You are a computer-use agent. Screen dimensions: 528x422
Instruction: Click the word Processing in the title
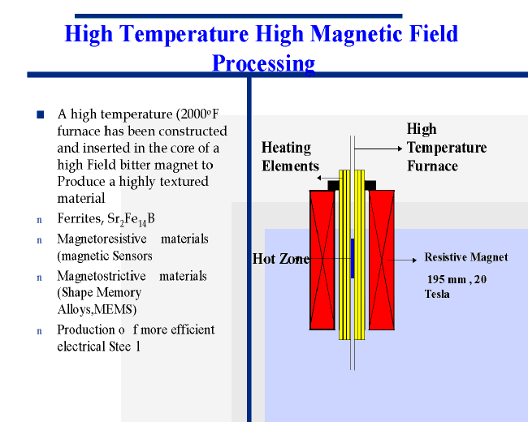tap(264, 63)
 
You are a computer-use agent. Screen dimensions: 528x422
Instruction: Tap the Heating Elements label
tap(290, 157)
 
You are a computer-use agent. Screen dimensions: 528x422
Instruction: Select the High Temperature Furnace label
tap(447, 148)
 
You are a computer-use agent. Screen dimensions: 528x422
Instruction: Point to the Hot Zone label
tap(281, 259)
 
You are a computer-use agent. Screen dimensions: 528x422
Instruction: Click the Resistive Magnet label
tap(466, 257)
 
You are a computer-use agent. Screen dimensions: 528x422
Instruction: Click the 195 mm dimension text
tap(447, 279)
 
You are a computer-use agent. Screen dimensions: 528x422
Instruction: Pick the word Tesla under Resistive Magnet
tap(437, 294)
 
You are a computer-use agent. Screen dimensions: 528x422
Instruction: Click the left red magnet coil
tap(322, 260)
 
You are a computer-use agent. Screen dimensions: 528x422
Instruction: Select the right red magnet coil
tap(382, 260)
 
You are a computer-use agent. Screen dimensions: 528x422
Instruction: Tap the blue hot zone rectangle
tap(353, 258)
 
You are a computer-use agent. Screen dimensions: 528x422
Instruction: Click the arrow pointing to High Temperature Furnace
tap(379, 149)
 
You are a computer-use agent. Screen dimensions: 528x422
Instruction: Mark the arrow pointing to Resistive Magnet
tap(402, 261)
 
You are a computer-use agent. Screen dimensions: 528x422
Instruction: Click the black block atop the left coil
tap(333, 185)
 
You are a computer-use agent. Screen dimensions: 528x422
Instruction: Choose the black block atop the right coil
tap(370, 185)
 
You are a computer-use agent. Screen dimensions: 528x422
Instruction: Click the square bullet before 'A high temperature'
tap(41, 114)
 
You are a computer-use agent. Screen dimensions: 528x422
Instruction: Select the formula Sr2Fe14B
tap(131, 219)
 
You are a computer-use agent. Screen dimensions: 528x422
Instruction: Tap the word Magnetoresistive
tap(102, 239)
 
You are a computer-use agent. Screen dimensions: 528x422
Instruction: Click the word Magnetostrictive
tap(102, 276)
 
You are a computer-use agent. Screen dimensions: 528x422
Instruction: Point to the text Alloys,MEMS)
tap(97, 309)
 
